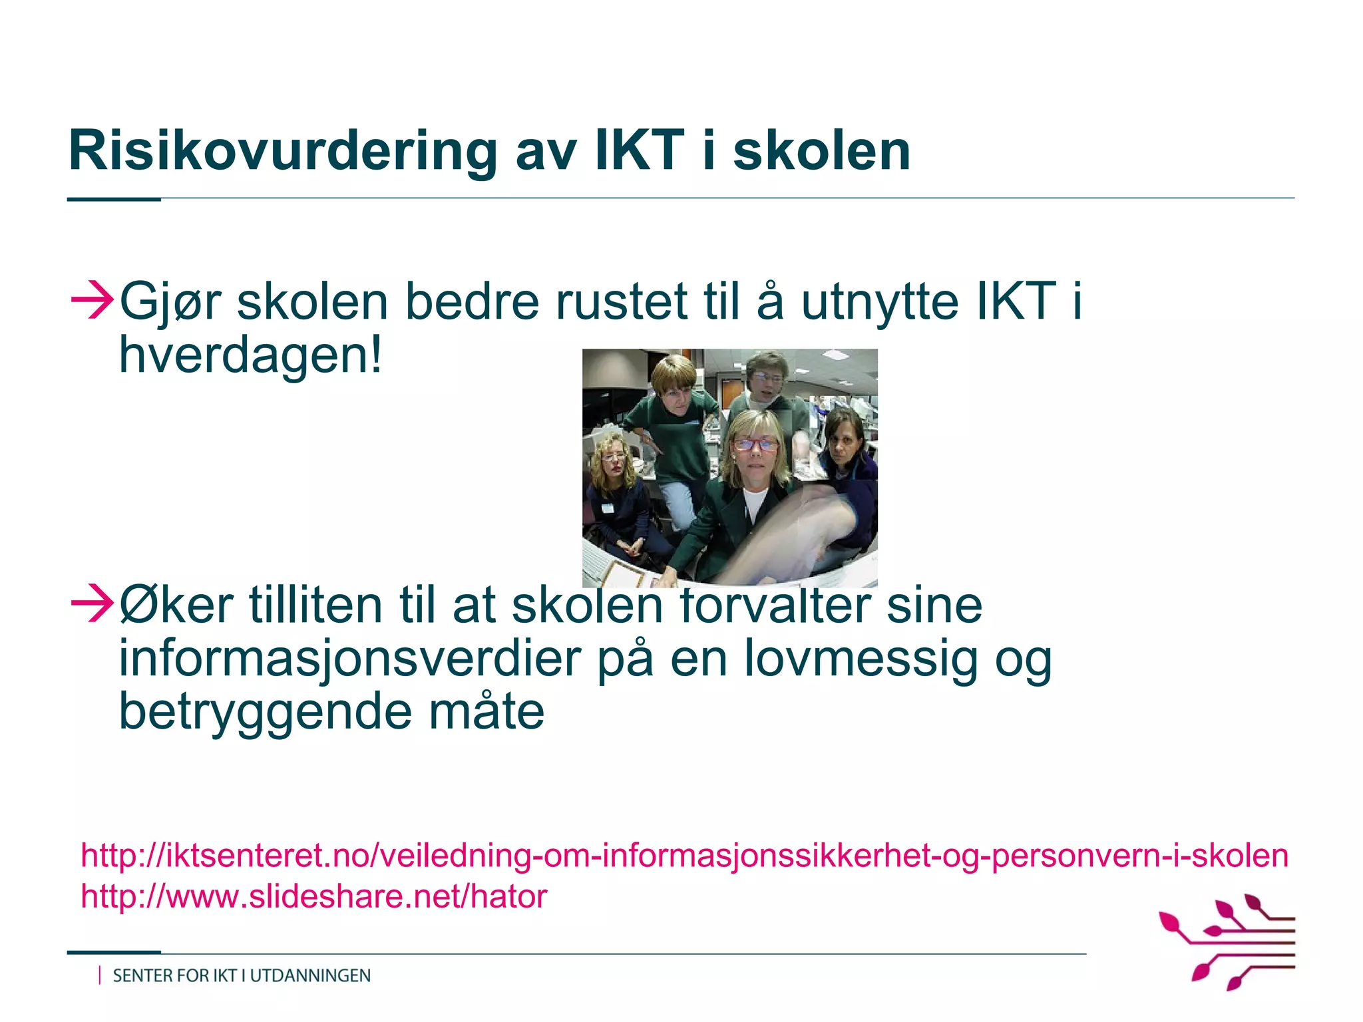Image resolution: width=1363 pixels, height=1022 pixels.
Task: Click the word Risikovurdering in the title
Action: pyautogui.click(x=283, y=152)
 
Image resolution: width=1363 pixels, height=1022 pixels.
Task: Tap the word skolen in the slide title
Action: pyautogui.click(x=821, y=152)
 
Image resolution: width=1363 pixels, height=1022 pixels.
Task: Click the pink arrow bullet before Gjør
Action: pyautogui.click(x=92, y=301)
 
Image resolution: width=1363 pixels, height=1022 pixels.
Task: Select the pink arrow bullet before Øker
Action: pyautogui.click(x=92, y=603)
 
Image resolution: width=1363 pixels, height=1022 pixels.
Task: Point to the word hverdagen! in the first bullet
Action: pyautogui.click(x=251, y=356)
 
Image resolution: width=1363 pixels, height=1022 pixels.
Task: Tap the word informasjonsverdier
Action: pyautogui.click(x=350, y=659)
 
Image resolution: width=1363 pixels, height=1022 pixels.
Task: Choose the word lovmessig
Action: pyautogui.click(x=860, y=659)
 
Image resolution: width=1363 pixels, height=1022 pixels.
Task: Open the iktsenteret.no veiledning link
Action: pyautogui.click(x=684, y=856)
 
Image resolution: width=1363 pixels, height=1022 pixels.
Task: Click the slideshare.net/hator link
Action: pyautogui.click(x=313, y=896)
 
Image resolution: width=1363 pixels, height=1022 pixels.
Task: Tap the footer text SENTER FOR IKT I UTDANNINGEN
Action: pyautogui.click(x=242, y=976)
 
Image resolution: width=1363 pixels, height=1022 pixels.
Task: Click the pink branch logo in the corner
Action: pyautogui.click(x=1229, y=941)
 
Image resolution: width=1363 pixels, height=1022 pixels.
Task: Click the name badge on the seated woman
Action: pyautogui.click(x=606, y=508)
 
